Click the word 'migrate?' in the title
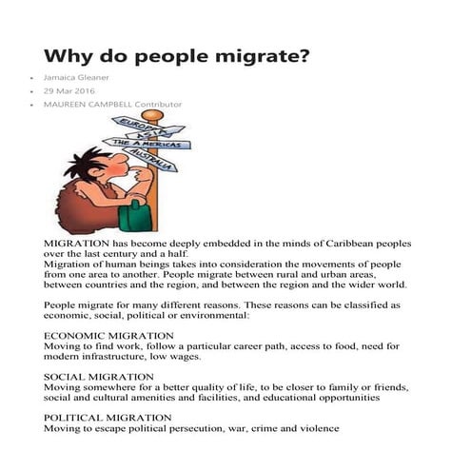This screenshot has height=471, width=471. (260, 56)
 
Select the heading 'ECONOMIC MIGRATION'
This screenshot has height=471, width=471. (108, 336)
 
